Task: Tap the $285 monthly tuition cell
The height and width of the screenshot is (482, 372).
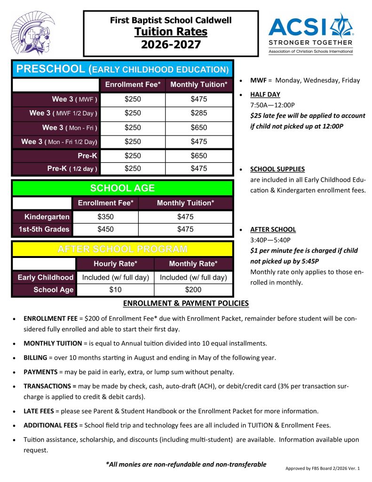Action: point(198,113)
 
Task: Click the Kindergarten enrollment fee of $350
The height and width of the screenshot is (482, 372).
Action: point(105,217)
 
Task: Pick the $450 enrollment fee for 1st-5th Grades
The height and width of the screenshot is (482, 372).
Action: point(105,230)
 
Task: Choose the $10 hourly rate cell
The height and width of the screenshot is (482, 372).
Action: point(115,290)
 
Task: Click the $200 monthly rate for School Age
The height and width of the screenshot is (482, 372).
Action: point(193,290)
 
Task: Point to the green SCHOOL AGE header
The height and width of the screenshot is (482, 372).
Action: point(122,188)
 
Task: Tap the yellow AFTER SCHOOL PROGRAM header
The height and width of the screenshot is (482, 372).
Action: point(122,249)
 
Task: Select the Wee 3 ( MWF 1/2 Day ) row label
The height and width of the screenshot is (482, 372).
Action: point(63,113)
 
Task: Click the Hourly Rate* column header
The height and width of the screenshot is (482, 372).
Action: point(115,264)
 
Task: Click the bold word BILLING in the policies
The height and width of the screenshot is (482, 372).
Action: point(35,358)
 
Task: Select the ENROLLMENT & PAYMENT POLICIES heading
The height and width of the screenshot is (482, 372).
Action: point(186,303)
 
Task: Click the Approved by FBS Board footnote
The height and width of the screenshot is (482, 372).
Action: point(322,469)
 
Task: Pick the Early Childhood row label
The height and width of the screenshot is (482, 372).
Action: point(45,277)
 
